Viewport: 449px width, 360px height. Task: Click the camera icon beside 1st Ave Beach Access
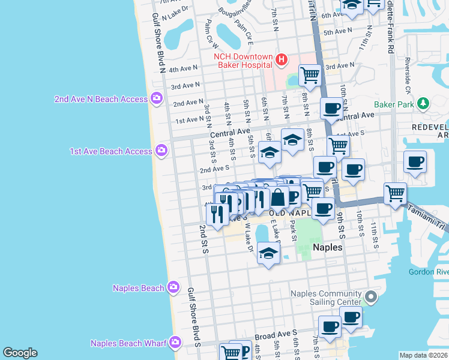click(161, 151)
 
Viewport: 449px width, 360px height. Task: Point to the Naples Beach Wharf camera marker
click(175, 343)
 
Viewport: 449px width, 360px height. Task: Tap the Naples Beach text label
click(138, 288)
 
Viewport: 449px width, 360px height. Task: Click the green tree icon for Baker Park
click(423, 104)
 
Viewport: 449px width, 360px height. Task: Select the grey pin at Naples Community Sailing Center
click(371, 297)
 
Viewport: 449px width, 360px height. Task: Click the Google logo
click(20, 353)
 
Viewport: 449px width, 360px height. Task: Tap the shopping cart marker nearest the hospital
click(309, 75)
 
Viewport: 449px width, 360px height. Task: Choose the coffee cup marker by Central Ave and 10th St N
click(331, 109)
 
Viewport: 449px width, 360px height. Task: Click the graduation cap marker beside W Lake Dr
click(268, 253)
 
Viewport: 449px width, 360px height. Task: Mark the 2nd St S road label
click(203, 239)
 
